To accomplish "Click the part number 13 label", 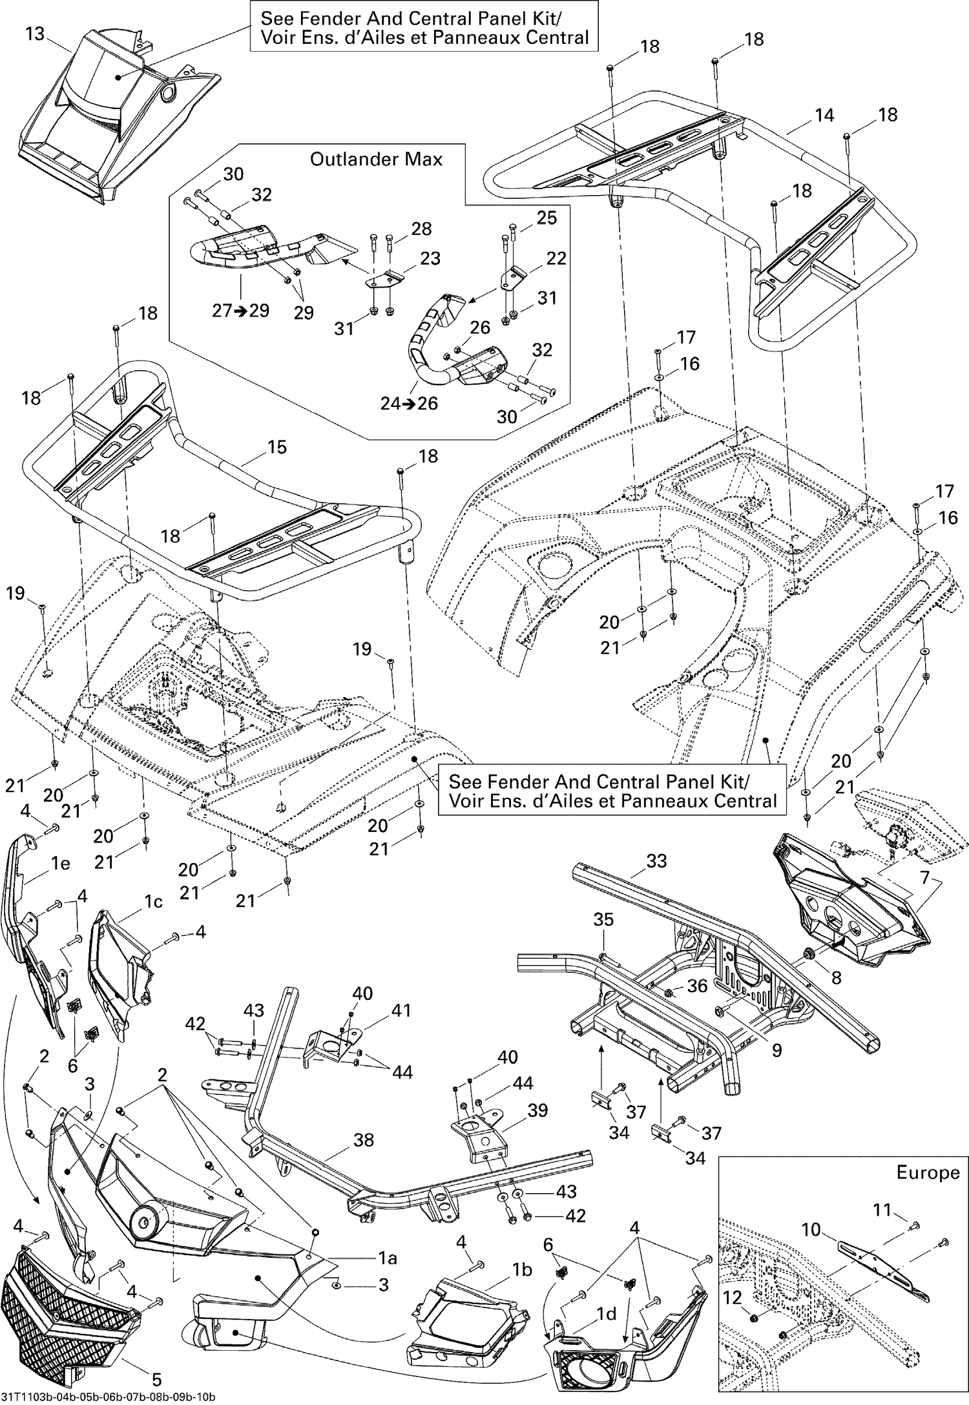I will click(x=35, y=33).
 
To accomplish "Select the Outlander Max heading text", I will click(x=376, y=159).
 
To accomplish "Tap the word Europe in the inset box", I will click(x=928, y=1172).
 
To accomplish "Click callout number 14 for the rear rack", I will click(x=824, y=116).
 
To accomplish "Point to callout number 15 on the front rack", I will click(x=276, y=447).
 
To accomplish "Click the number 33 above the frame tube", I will click(x=656, y=861).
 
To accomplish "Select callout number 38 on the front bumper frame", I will click(x=364, y=1140).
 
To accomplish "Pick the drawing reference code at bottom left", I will click(x=108, y=1397).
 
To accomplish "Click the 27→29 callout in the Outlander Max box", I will click(x=240, y=310).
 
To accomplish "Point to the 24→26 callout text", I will click(x=408, y=403).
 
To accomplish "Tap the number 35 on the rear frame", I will click(x=603, y=919).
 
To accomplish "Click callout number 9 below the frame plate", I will click(x=776, y=1050).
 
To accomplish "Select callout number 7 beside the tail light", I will click(x=925, y=878).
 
